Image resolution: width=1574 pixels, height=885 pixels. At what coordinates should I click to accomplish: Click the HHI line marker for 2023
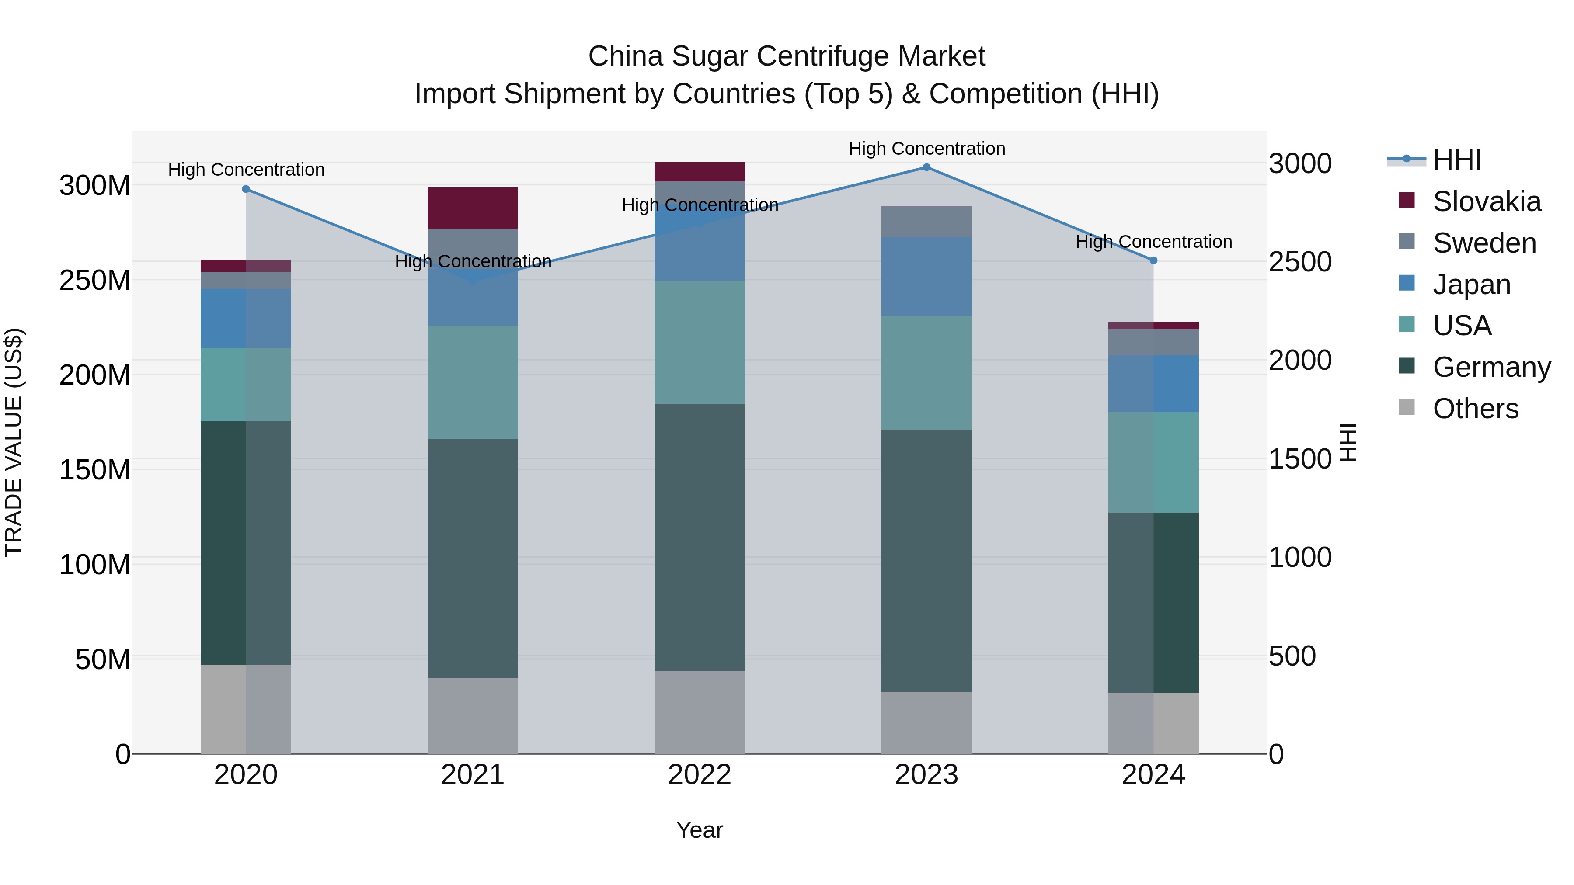[926, 167]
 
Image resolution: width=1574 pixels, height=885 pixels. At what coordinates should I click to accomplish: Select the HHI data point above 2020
[246, 189]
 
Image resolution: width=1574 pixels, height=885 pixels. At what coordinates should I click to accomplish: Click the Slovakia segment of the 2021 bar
[472, 208]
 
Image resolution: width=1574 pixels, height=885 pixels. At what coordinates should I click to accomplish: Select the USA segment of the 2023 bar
[926, 372]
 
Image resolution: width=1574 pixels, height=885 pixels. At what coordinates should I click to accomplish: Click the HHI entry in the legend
[1457, 160]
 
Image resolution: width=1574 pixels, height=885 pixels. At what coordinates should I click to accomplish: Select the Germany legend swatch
[1407, 367]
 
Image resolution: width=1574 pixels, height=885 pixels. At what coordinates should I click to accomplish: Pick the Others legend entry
[1475, 409]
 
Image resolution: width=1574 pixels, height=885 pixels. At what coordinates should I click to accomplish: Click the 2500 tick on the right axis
[1300, 262]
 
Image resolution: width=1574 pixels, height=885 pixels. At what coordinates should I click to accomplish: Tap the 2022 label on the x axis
[700, 775]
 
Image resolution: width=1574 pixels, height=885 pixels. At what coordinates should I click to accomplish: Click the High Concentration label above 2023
[926, 149]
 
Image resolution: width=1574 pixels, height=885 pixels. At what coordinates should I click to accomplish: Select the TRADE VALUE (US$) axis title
[14, 442]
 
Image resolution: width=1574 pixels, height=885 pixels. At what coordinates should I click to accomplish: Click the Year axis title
[700, 830]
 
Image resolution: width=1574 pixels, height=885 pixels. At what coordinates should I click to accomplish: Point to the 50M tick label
[103, 659]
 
